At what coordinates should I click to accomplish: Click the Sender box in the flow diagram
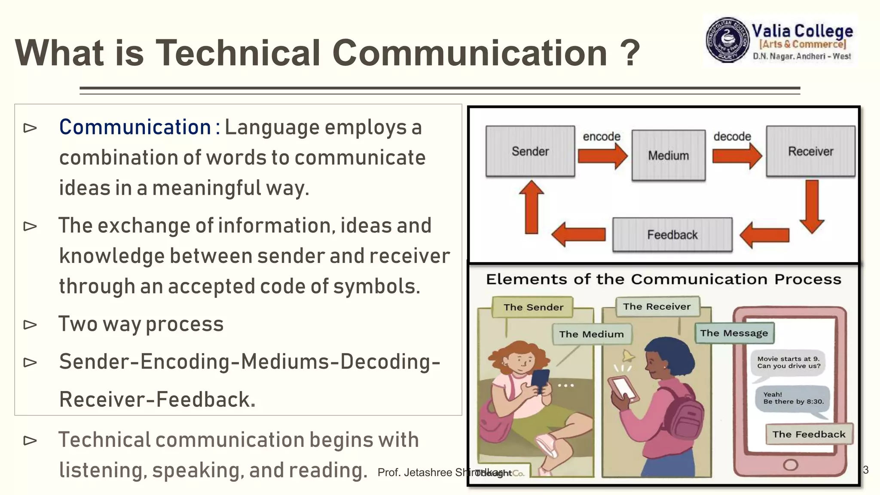pyautogui.click(x=530, y=151)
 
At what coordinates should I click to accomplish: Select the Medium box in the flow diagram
pyautogui.click(x=669, y=155)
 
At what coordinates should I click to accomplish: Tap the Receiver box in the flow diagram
pyautogui.click(x=811, y=151)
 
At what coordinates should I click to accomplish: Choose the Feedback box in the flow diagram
pyautogui.click(x=672, y=235)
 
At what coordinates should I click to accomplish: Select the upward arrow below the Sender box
pyautogui.click(x=532, y=207)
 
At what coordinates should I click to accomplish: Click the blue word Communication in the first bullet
pyautogui.click(x=135, y=127)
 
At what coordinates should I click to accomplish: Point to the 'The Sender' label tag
pyautogui.click(x=533, y=307)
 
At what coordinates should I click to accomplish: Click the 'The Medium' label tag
pyautogui.click(x=591, y=334)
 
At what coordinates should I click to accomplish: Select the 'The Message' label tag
pyautogui.click(x=734, y=333)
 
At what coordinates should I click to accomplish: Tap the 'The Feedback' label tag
pyautogui.click(x=809, y=434)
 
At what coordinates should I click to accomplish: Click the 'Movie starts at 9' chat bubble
pyautogui.click(x=788, y=363)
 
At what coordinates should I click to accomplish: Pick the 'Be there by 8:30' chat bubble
pyautogui.click(x=793, y=399)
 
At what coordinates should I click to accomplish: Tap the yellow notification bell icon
pyautogui.click(x=628, y=356)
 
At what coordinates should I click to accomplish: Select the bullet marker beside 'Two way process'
pyautogui.click(x=30, y=324)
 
